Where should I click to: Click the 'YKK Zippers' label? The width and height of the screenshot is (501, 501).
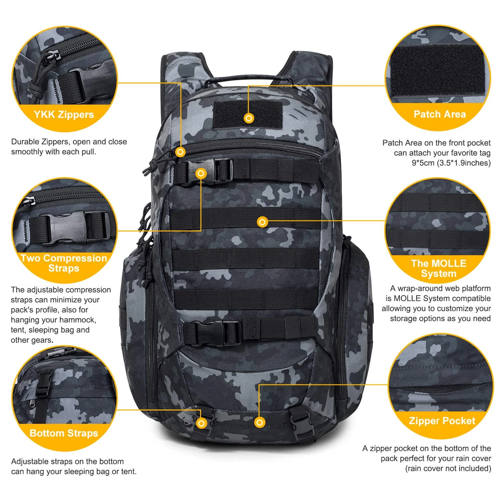click(x=64, y=115)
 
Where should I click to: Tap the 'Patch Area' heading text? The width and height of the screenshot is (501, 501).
click(x=440, y=114)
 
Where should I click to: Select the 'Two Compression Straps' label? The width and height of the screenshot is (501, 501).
click(x=64, y=263)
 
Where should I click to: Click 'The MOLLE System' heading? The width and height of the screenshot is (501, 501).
click(x=439, y=268)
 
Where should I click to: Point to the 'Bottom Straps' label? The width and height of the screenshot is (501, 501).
click(x=64, y=433)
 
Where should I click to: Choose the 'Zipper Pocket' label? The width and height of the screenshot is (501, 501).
click(x=442, y=421)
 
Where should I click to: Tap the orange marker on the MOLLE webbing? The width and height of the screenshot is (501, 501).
click(x=263, y=222)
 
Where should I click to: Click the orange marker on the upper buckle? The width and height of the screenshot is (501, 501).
click(x=201, y=173)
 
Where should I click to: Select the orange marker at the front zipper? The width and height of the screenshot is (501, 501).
click(x=180, y=152)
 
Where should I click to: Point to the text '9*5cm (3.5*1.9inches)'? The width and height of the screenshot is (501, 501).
click(x=451, y=163)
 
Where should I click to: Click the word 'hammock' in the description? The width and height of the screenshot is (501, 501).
click(x=80, y=320)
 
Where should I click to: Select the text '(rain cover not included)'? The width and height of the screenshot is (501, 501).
click(x=448, y=469)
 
